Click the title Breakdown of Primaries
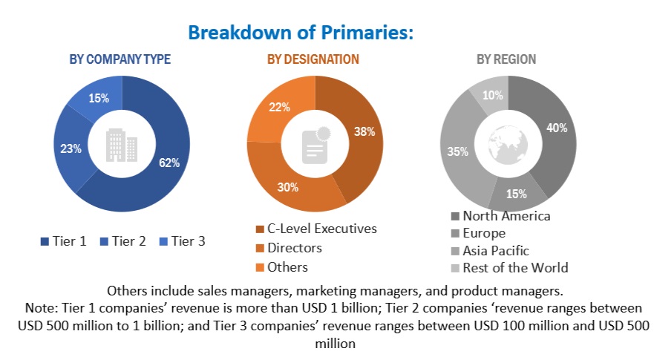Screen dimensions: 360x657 301,33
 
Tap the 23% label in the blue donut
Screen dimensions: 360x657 71,148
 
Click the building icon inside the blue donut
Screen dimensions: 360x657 122,145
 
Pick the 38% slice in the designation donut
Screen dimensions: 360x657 363,131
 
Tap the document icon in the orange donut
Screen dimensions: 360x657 316,144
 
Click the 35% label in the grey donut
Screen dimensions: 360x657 457,152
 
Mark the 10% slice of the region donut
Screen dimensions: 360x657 492,95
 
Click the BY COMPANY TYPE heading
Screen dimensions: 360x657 120,59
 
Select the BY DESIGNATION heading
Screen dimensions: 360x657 313,59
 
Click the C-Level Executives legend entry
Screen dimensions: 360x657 316,229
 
